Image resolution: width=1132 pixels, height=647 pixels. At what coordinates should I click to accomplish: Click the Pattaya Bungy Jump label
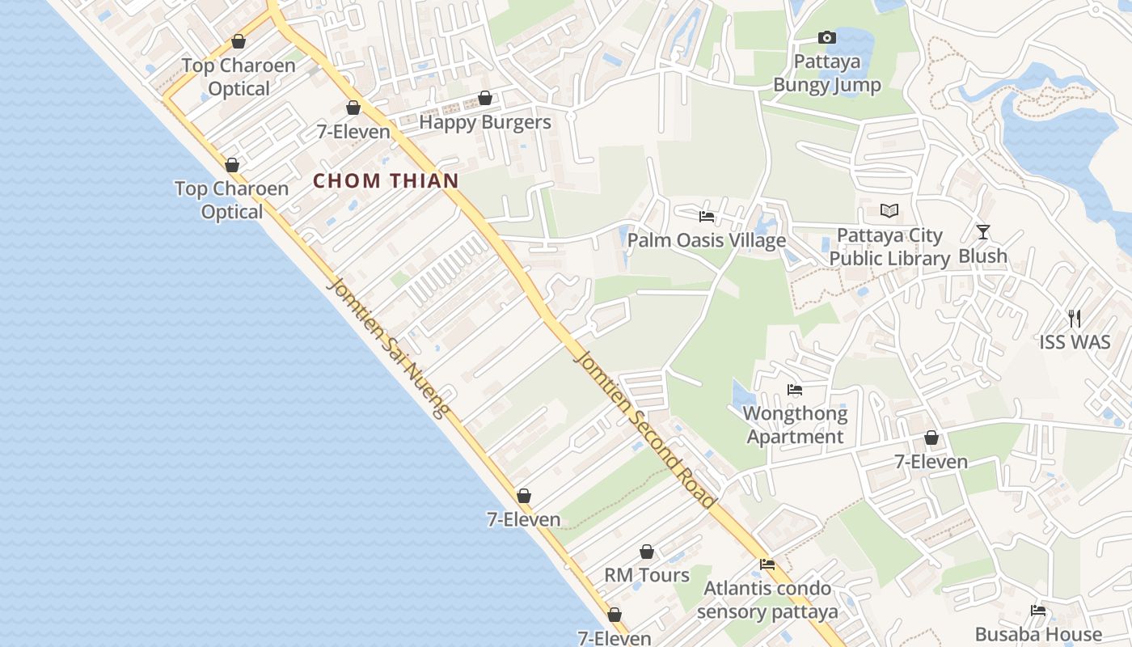[827, 74]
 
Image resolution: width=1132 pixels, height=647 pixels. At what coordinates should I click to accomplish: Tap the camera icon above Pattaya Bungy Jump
[826, 37]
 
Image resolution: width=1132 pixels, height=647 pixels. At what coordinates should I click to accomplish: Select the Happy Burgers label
[485, 123]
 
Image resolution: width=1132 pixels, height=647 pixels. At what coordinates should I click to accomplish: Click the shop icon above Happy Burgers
[485, 99]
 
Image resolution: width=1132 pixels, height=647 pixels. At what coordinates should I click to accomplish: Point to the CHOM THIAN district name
[386, 181]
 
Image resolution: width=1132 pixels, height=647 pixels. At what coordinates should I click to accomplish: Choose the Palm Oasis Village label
[707, 240]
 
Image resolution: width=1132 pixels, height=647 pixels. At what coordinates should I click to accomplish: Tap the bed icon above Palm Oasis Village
[707, 217]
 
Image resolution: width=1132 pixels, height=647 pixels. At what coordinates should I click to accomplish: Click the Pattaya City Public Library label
[889, 247]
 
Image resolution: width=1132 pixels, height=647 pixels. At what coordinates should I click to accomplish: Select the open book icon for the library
[889, 211]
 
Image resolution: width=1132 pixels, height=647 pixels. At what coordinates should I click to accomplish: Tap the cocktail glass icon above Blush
[983, 232]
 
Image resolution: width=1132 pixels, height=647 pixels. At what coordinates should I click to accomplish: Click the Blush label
[983, 256]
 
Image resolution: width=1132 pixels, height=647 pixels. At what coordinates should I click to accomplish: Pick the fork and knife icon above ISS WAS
[1075, 319]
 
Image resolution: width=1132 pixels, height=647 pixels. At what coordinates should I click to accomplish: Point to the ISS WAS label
[1075, 342]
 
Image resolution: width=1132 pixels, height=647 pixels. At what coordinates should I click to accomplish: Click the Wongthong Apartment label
[796, 425]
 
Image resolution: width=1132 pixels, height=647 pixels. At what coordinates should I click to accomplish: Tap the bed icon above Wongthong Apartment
[795, 390]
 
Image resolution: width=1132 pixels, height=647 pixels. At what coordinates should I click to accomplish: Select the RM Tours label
[647, 575]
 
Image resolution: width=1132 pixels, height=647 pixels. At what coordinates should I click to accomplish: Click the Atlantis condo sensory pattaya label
[767, 599]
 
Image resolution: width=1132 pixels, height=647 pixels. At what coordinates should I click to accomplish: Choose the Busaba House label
[1038, 634]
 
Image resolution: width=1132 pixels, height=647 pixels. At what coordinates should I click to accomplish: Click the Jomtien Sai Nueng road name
[389, 349]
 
